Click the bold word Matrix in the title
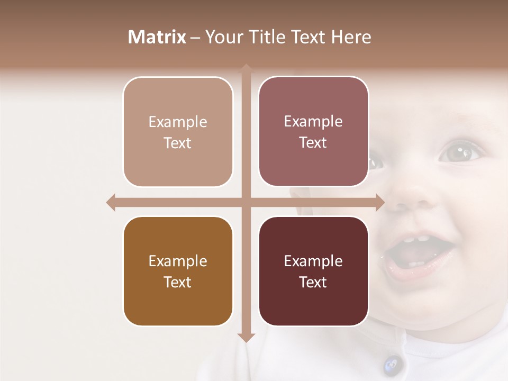(157, 37)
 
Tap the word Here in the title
(351, 37)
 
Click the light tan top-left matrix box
(178, 132)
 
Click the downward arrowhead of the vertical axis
(246, 337)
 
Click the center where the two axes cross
(246, 202)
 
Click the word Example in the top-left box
(178, 122)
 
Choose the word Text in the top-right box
(313, 143)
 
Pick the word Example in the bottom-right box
(313, 261)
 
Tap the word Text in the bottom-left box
(178, 282)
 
